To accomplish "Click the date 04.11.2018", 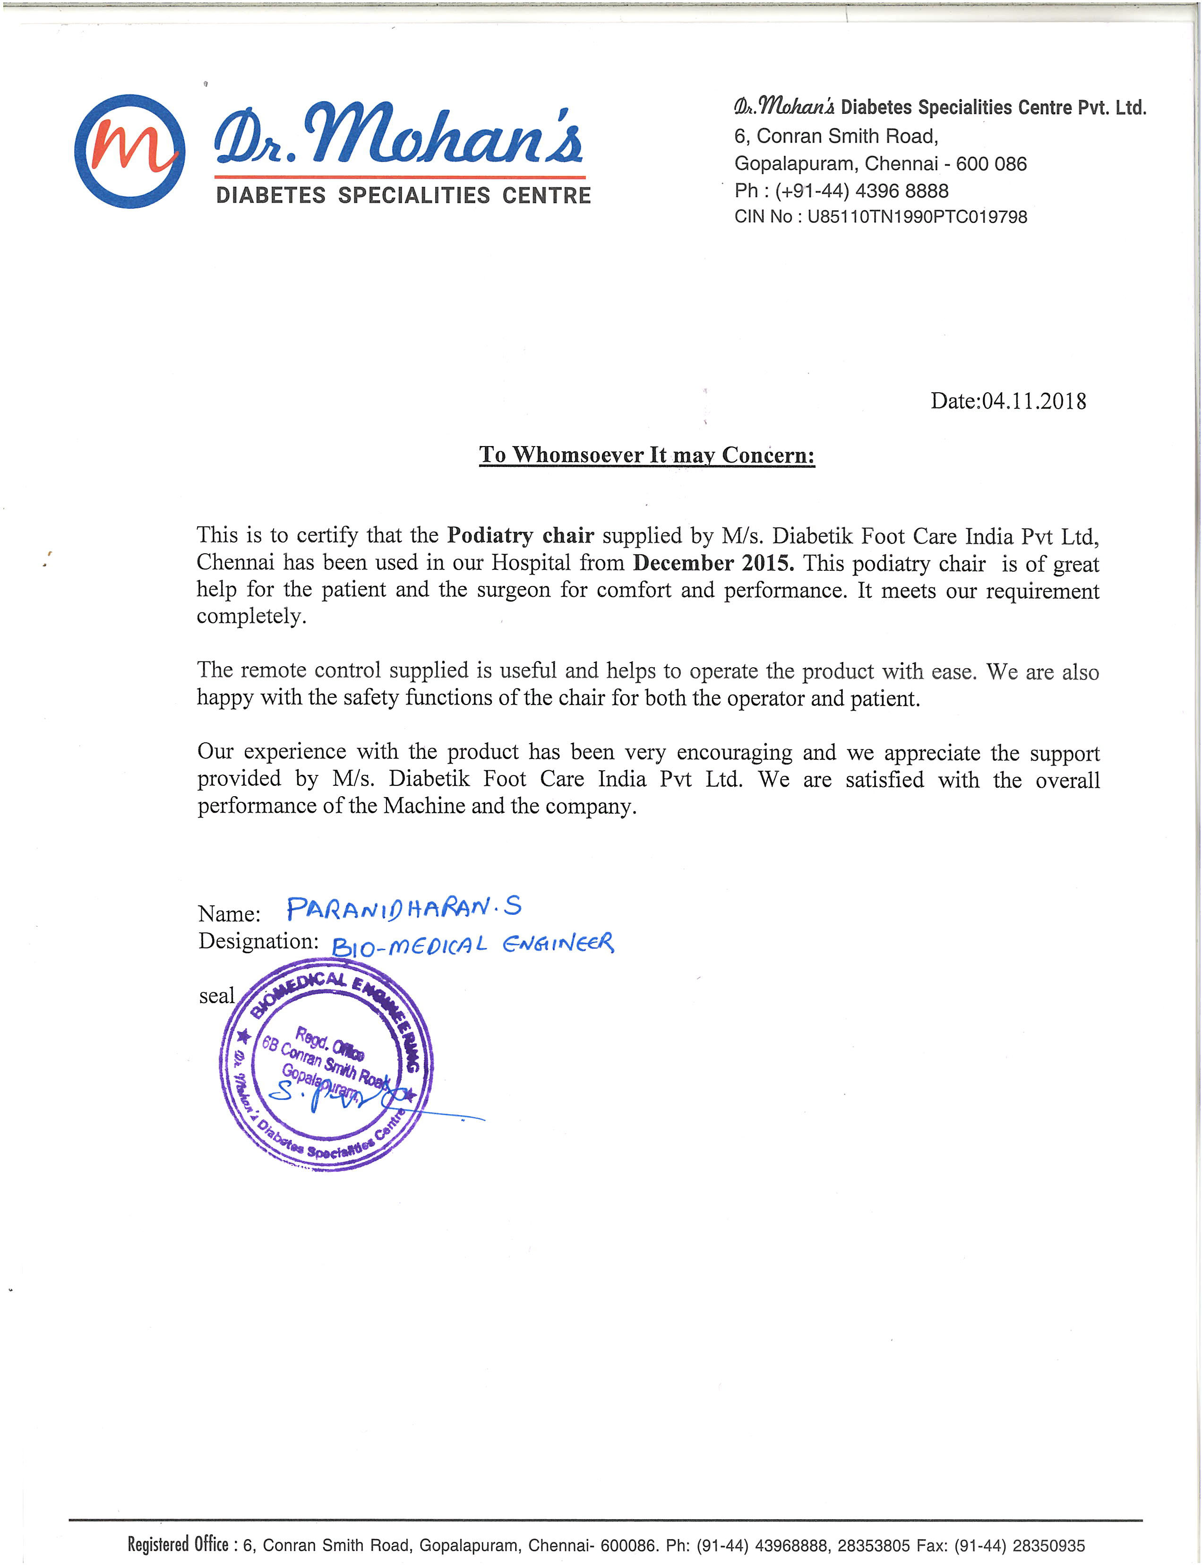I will (x=1033, y=402).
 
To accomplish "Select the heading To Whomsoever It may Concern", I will (x=647, y=455).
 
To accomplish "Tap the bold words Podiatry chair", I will (x=520, y=535).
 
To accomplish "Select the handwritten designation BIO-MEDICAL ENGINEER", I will (x=472, y=945).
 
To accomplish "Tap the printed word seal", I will (x=217, y=996).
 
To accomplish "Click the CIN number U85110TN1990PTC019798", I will (x=917, y=217).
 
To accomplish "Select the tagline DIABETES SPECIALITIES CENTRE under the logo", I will (x=403, y=195).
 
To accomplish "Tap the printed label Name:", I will (x=229, y=914).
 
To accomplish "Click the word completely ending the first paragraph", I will (x=251, y=616).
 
